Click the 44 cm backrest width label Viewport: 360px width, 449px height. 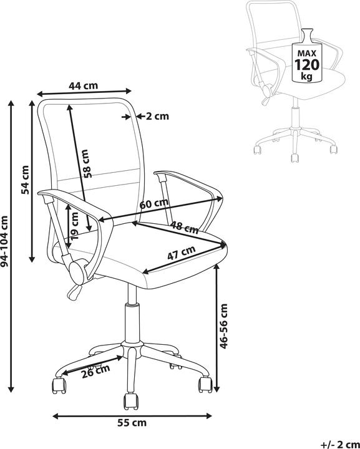pos(84,85)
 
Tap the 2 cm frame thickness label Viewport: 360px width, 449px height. pos(157,116)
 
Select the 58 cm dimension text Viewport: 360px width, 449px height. pos(87,163)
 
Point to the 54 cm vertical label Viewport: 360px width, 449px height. pos(25,180)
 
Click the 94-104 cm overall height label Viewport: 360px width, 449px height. pos(4,241)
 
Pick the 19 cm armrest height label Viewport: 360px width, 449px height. pos(74,226)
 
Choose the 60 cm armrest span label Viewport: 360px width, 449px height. pos(153,203)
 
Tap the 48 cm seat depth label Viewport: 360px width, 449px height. pos(185,228)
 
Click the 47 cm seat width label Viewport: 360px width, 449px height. pos(182,253)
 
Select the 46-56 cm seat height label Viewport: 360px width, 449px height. pos(223,326)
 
